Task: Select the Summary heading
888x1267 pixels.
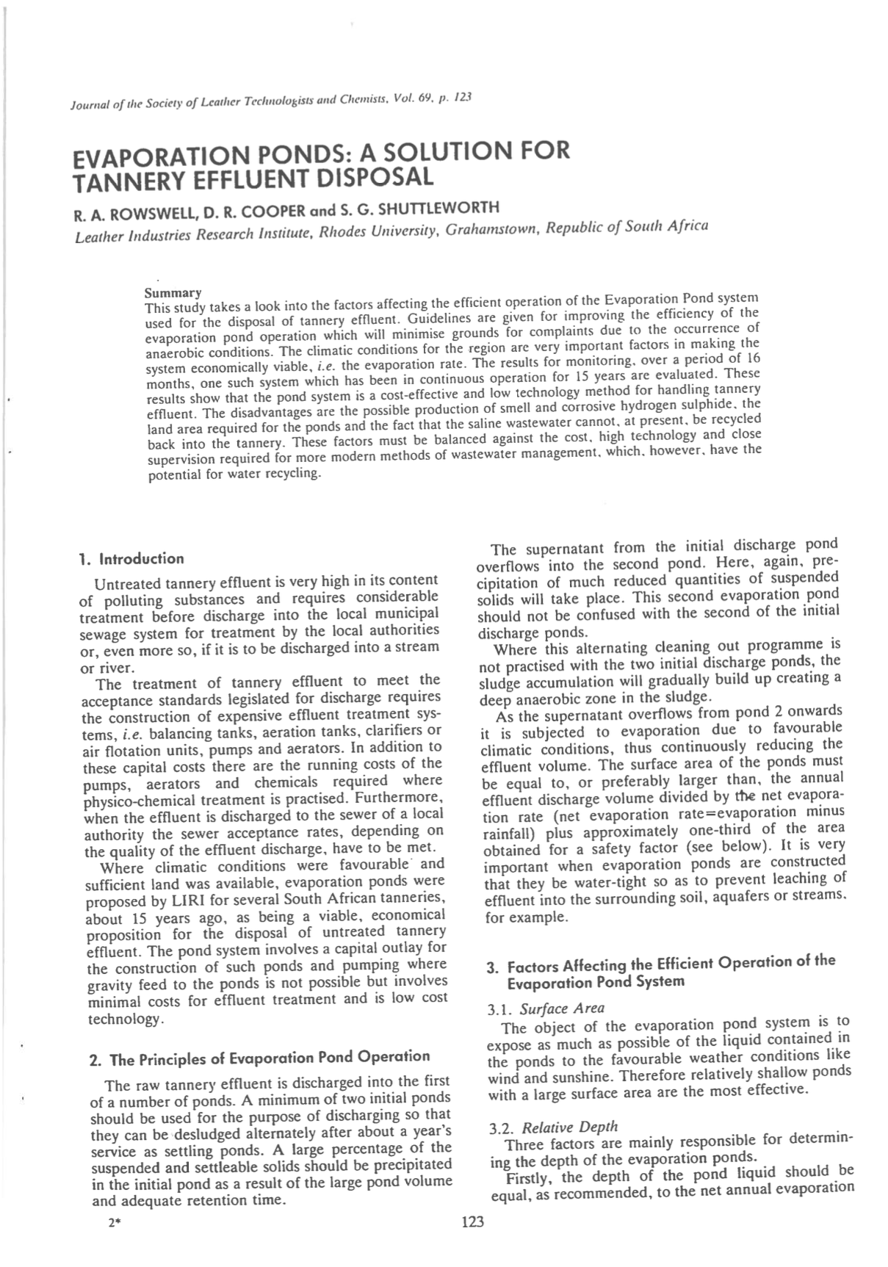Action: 173,293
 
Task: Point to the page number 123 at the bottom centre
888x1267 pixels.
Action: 472,1221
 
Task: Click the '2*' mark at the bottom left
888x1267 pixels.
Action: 113,1223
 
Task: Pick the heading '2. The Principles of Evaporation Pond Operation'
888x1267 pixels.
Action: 259,1058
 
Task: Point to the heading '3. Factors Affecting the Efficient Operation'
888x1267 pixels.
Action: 660,964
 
